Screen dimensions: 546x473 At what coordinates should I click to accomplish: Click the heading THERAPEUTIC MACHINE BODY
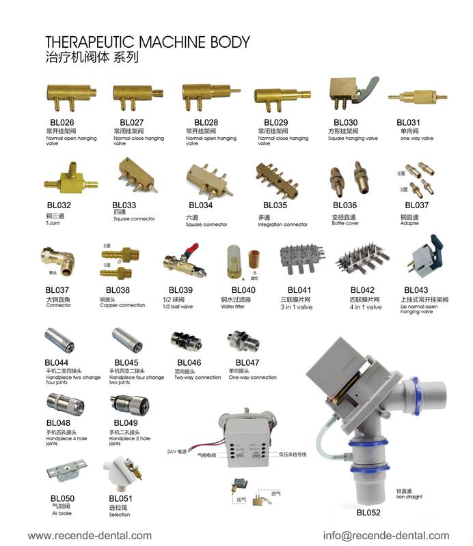[147, 42]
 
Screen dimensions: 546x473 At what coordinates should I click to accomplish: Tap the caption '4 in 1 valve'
[366, 307]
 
